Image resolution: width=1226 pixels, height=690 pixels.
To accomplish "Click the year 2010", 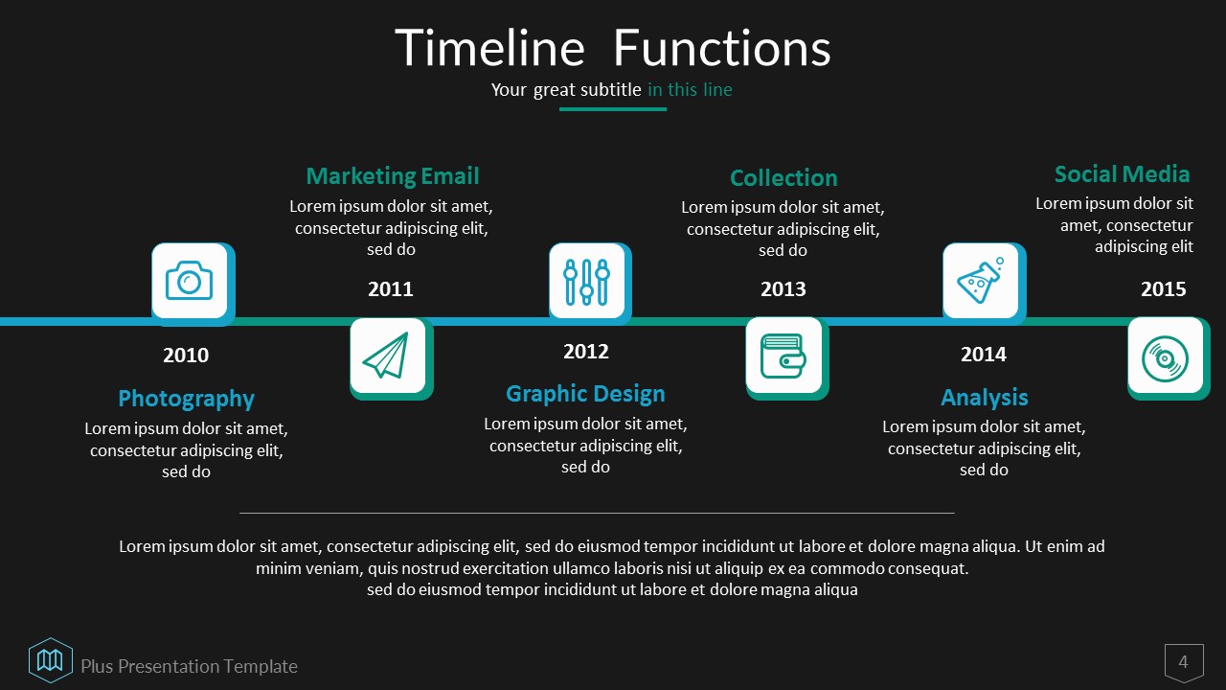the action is tap(186, 356).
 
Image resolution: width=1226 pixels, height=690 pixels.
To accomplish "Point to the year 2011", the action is tap(390, 289).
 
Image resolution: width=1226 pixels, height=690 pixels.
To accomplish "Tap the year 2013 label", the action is tap(783, 289).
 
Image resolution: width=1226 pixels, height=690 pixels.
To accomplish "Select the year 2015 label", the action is tap(1163, 289).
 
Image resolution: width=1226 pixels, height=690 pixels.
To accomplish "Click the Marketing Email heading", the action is tap(393, 176).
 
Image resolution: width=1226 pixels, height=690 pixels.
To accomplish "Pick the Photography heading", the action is tap(186, 399).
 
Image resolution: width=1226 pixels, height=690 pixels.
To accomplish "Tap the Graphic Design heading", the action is tap(585, 394).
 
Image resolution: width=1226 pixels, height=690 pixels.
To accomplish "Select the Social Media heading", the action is tap(1122, 174).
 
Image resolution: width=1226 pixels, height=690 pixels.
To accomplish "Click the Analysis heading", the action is tap(984, 398).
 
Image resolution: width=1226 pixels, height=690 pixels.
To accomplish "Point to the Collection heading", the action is tap(783, 178).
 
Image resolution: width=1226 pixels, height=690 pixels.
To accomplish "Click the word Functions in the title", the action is tap(722, 48).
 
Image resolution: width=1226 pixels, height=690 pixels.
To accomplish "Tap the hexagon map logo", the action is tap(51, 660).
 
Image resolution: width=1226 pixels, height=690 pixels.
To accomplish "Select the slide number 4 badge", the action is tap(1184, 662).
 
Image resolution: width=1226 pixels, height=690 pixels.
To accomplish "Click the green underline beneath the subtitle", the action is tap(613, 109).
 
